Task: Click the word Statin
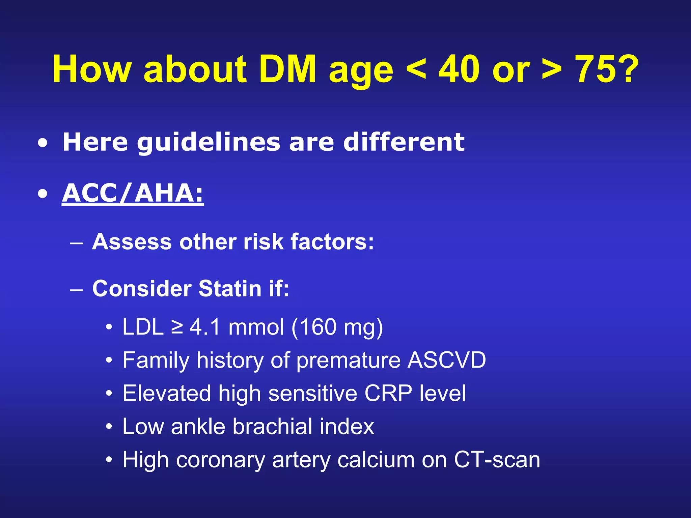coord(229,289)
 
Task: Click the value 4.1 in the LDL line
coord(205,327)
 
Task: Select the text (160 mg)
coord(337,327)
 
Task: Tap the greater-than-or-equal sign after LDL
coord(177,327)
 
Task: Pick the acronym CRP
coord(388,393)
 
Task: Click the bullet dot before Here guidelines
coord(43,143)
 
